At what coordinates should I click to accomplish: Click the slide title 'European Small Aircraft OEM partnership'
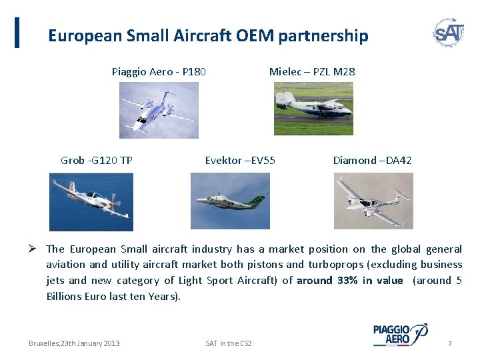207,35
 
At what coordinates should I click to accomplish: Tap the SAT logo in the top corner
449,32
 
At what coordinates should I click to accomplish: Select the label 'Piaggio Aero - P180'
159,71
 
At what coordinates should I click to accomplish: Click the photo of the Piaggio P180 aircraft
159,110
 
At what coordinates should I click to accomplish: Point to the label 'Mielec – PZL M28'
312,71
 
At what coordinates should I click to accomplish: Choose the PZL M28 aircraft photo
313,109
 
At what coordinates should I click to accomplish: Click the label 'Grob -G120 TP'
97,160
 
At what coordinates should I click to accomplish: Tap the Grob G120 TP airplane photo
91,201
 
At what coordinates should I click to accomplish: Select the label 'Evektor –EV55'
240,160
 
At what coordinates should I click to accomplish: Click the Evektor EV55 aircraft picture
230,201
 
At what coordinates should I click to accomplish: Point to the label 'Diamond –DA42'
372,160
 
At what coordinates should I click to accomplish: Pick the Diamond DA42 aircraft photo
373,201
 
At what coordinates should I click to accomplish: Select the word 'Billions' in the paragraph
65,297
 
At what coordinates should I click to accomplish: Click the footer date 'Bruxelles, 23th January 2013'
74,343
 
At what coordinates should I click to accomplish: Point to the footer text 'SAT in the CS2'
229,343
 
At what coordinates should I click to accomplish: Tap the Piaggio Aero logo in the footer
400,334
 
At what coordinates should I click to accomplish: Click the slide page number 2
450,343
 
